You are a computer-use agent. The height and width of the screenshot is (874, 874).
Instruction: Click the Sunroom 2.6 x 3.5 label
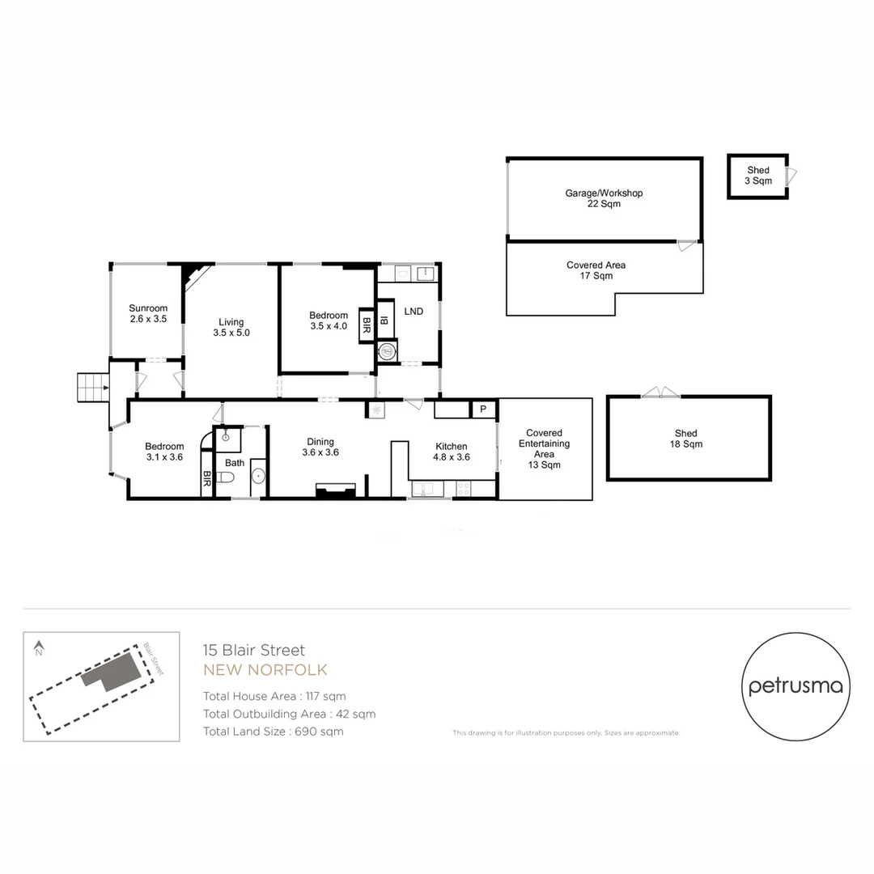[x=148, y=313]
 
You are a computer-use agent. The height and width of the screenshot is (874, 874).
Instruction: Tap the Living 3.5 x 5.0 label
[x=231, y=327]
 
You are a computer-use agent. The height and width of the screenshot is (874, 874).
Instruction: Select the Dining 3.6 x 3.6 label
[x=320, y=447]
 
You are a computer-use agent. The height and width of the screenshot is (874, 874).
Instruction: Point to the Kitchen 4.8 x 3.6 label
[x=451, y=452]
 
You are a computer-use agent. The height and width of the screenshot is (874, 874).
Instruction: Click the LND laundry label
[x=414, y=312]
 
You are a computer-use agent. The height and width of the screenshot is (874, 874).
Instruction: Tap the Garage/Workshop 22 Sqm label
[x=604, y=198]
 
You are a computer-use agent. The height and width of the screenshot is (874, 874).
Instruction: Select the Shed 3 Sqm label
[x=758, y=176]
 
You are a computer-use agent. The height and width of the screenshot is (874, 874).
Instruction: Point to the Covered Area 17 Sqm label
[x=596, y=270]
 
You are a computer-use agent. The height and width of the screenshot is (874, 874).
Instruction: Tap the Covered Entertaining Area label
[x=545, y=448]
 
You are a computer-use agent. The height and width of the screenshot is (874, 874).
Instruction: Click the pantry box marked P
[x=483, y=409]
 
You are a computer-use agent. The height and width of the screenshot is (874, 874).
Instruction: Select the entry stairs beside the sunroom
[x=92, y=387]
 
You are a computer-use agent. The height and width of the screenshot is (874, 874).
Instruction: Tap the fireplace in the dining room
[x=335, y=490]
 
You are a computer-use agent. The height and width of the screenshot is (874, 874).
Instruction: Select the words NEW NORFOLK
[x=265, y=670]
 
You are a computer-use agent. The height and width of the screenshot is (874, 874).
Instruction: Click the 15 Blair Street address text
[x=254, y=650]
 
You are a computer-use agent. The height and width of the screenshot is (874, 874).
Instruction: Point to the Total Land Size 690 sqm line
[x=273, y=732]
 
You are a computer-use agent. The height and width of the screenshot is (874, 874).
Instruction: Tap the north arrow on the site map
[x=38, y=647]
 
